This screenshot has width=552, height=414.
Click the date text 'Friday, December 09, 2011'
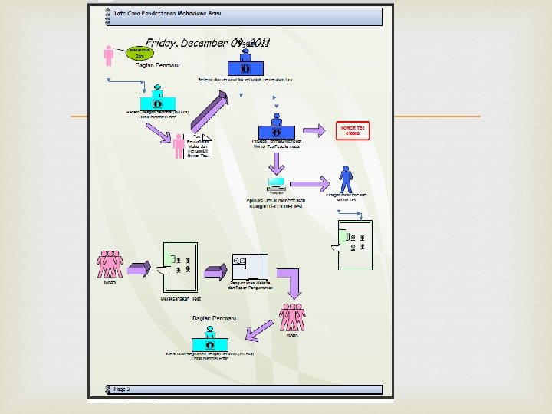point(207,44)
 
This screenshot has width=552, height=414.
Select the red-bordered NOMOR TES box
point(353,130)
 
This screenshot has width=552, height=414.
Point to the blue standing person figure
point(347,179)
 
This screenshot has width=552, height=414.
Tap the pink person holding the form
point(178,146)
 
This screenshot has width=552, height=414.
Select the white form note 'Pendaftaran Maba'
point(198,145)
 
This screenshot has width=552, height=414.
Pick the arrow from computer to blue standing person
point(310,183)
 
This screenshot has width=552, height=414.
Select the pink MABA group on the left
point(110,264)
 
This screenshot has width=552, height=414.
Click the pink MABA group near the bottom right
point(292,317)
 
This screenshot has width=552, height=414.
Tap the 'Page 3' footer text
point(122,389)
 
